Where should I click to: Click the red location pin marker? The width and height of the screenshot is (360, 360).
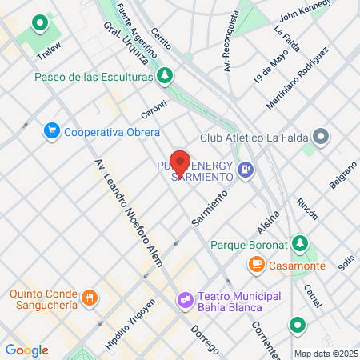pos(180,163)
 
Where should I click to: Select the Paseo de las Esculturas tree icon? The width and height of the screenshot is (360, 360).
pos(166,76)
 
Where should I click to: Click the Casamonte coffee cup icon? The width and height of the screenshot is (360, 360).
pos(256,262)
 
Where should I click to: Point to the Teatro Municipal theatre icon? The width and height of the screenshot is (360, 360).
pos(185,300)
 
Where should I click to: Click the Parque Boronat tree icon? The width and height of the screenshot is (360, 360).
pos(301,242)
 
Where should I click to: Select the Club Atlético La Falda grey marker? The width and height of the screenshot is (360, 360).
pos(321,137)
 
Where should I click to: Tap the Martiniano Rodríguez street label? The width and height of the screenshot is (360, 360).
pos(298,78)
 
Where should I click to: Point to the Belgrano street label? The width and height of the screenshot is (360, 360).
pos(342,175)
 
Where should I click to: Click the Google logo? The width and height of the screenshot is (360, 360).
pos(26,350)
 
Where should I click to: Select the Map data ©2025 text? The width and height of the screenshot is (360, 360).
pos(324,354)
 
